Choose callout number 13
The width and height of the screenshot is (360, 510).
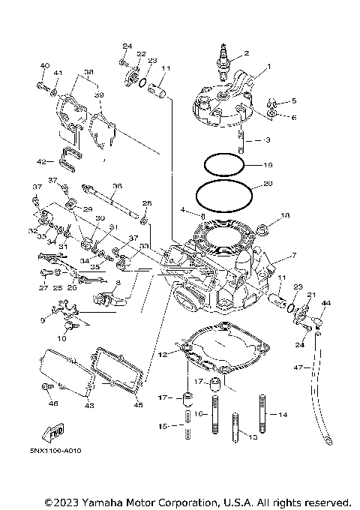pyautogui.click(x=253, y=436)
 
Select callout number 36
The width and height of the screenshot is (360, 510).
pyautogui.click(x=116, y=186)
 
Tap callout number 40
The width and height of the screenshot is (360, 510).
pyautogui.click(x=43, y=67)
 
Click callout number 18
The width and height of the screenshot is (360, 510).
pyautogui.click(x=284, y=215)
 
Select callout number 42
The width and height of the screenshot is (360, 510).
pyautogui.click(x=41, y=160)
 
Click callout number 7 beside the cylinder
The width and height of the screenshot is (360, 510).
pyautogui.click(x=294, y=256)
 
